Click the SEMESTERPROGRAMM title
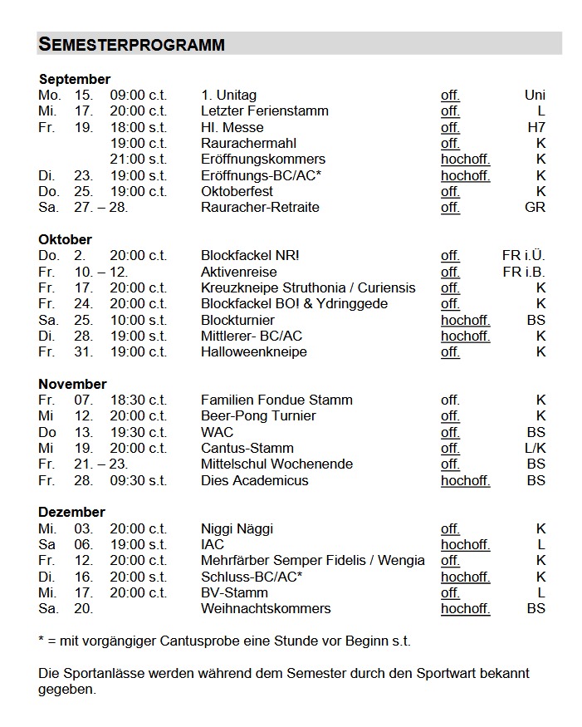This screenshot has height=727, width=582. tap(132, 45)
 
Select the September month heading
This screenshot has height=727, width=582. tap(74, 80)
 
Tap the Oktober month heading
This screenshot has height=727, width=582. tap(65, 240)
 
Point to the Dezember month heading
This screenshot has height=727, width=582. tap(71, 513)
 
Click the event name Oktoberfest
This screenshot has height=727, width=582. tap(237, 191)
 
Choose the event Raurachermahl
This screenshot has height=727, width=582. tap(248, 143)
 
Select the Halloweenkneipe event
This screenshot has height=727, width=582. tap(253, 352)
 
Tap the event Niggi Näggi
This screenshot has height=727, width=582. tap(237, 528)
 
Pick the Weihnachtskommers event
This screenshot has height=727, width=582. tap(266, 609)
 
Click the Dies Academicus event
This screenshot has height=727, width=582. tap(254, 481)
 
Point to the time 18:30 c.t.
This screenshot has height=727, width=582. tap(138, 400)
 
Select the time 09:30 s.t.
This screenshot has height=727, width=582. tap(138, 481)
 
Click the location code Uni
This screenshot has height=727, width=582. tap(535, 96)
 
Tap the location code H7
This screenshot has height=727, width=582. tap(536, 127)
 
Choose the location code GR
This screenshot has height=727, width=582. tap(536, 207)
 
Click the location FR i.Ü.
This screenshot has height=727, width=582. tap(524, 256)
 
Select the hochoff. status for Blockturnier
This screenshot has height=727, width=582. tap(465, 320)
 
